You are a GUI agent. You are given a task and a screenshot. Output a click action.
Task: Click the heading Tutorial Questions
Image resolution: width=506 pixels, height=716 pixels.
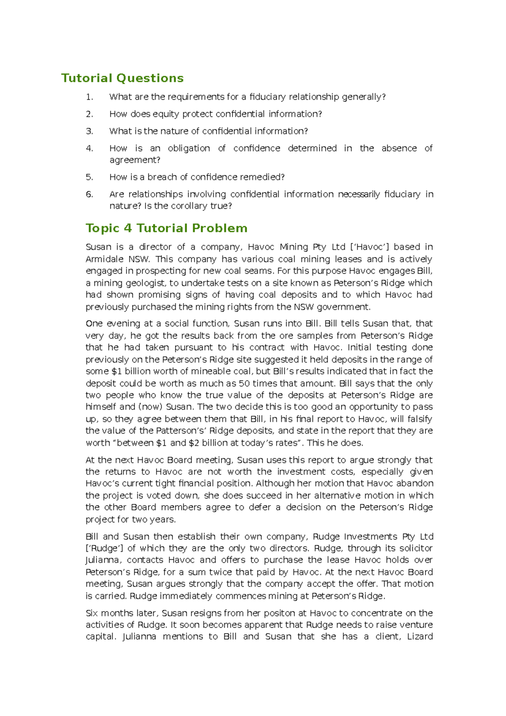122,78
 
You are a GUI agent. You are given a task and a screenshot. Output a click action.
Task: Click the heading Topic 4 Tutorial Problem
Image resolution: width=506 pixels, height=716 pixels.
167,228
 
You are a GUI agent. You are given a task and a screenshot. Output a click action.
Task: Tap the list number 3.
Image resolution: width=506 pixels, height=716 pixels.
89,131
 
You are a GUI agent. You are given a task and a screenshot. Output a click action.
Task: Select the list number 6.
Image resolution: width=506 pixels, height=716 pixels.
89,194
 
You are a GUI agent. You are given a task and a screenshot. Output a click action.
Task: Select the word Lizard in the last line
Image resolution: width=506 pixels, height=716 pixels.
420,637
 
